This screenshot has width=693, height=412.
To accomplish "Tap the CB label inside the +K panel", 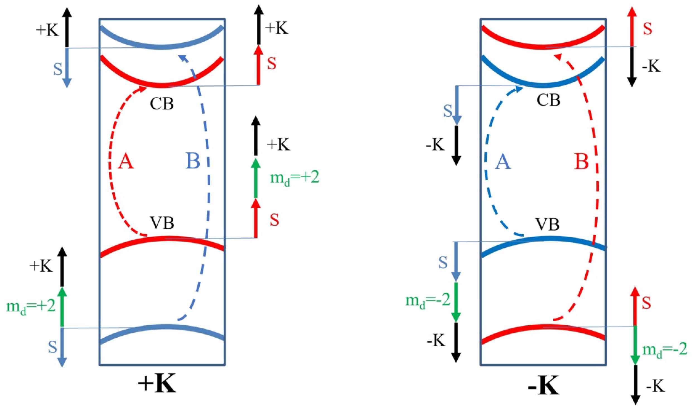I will [161, 104].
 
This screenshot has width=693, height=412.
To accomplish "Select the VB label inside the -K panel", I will [547, 225].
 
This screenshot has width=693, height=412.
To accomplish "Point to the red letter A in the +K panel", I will [125, 161].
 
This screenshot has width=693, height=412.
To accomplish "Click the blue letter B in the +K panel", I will [193, 161].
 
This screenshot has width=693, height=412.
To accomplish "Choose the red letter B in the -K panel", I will [581, 162].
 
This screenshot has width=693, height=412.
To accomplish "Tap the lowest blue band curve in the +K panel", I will [165, 327].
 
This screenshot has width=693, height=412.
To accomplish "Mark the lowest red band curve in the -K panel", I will [544, 326].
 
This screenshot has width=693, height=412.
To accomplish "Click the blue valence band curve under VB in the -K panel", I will [544, 239].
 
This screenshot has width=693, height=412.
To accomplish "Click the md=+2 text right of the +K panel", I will [294, 178].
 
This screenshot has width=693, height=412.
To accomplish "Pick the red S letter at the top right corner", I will [648, 29].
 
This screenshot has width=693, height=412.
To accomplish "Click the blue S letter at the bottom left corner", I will [52, 347].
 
